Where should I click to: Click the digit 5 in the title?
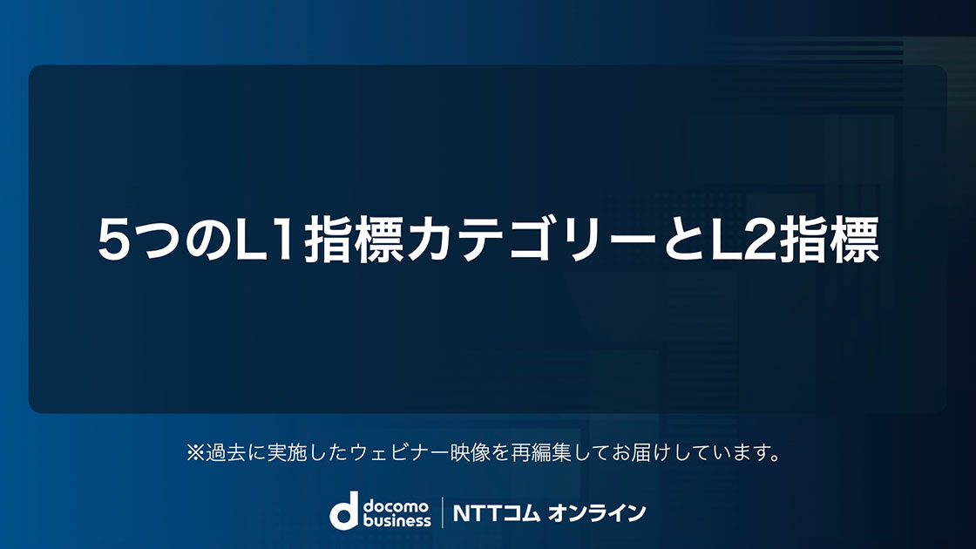pyautogui.click(x=114, y=239)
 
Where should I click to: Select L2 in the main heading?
pyautogui.click(x=743, y=239)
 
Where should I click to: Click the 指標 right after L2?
pyautogui.click(x=829, y=239)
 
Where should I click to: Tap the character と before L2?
pyautogui.click(x=685, y=239)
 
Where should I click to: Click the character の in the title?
pyautogui.click(x=209, y=241)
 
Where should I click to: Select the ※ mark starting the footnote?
pyautogui.click(x=195, y=452)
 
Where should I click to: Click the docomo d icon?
pyautogui.click(x=344, y=511)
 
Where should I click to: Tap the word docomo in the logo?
pyautogui.click(x=396, y=505)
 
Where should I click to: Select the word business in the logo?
pyautogui.click(x=397, y=519)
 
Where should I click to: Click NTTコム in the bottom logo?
pyautogui.click(x=496, y=513)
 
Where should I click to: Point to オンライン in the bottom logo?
pyautogui.click(x=597, y=513)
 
